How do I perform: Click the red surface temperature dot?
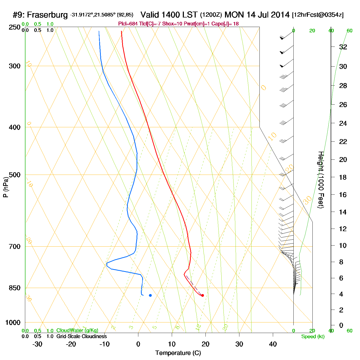click(x=203, y=295)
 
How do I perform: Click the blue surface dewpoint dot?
click(x=150, y=295)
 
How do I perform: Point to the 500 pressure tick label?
click(x=15, y=175)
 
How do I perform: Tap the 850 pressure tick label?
click(x=15, y=288)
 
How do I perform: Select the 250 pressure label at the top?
click(x=15, y=27)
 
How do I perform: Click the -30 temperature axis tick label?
click(x=37, y=344)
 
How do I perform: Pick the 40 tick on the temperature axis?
click(x=273, y=344)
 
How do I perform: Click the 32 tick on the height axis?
click(x=343, y=47)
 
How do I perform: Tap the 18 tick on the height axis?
click(x=343, y=177)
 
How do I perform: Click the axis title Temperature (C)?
click(x=178, y=353)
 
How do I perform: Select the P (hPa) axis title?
click(x=6, y=187)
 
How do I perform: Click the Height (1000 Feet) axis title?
click(x=321, y=180)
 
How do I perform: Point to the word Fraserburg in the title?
click(x=47, y=15)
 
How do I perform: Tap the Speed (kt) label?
click(x=313, y=337)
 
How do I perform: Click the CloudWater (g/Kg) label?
click(x=77, y=330)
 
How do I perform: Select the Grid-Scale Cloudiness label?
click(x=82, y=336)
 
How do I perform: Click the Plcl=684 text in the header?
click(x=128, y=24)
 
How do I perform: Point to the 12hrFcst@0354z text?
click(x=318, y=15)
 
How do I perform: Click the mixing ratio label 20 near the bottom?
click(x=225, y=327)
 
